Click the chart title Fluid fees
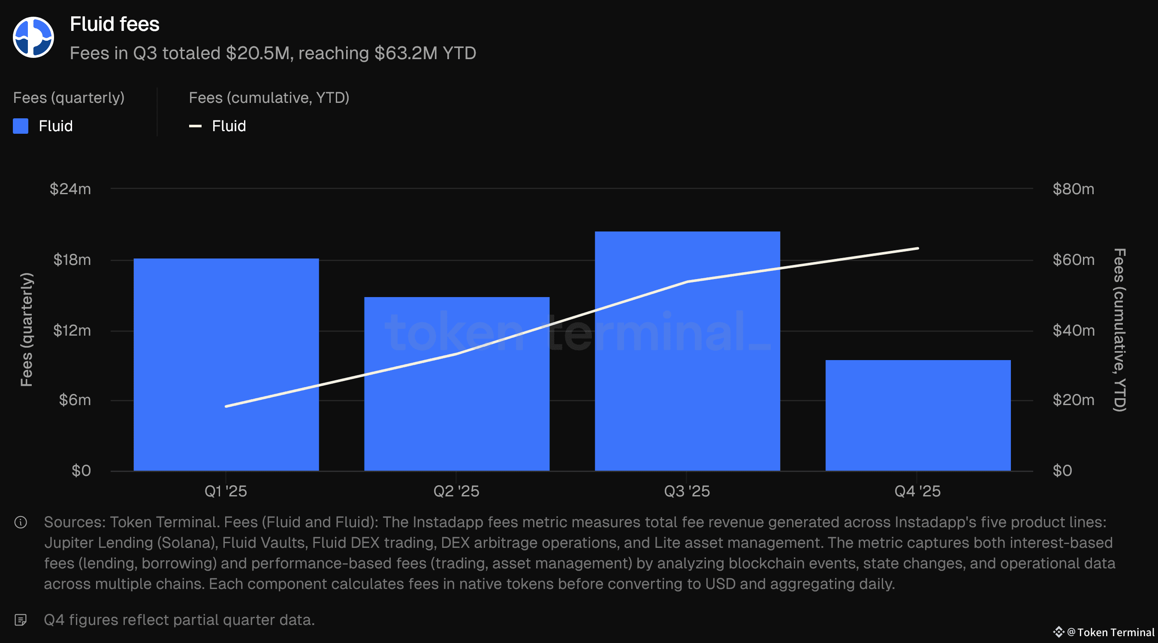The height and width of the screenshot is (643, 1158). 115,24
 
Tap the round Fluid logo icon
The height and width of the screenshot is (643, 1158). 33,37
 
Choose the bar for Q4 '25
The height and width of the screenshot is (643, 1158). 918,415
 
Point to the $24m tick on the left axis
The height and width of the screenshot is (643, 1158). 71,189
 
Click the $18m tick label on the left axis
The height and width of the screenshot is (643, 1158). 72,260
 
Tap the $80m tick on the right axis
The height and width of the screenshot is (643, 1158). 1073,189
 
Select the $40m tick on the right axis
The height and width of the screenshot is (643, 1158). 1073,331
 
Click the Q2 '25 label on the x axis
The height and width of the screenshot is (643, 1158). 456,491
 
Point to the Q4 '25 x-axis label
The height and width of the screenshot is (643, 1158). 917,491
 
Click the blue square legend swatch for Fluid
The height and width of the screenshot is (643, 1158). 21,126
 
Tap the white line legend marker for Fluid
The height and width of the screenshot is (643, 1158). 195,126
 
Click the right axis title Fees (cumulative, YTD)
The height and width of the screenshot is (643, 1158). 1120,329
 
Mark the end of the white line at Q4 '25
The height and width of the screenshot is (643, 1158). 917,248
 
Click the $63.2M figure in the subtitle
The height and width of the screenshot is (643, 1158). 406,54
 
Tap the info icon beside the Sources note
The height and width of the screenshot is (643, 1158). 21,522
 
